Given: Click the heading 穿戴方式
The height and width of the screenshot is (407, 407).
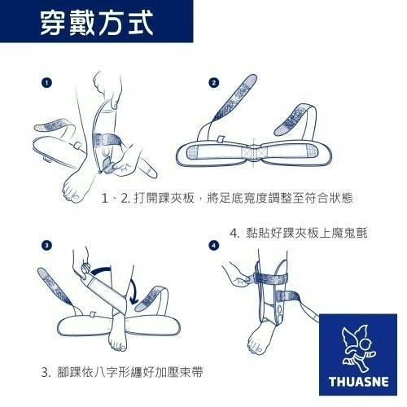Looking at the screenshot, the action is coord(97,24).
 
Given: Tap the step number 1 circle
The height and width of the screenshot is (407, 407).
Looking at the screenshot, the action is coord(46,83).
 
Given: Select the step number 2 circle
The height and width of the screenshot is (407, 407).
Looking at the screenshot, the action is coord(214,83).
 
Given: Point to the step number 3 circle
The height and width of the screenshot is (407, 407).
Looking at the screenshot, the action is coord(46,246).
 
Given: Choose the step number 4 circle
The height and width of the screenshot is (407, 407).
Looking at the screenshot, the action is coord(214,246).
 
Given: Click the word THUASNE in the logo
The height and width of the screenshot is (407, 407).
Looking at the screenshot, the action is coord(359,381).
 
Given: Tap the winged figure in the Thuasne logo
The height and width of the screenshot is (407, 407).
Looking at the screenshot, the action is coord(357,348).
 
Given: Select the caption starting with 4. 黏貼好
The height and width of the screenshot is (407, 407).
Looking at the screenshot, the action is coord(299,233).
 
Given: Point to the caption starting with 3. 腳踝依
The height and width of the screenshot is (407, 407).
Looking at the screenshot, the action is coord(122,372).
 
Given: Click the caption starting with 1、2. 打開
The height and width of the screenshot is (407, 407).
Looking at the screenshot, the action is coord(227,198).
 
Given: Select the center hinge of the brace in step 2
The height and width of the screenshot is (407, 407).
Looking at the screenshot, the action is coord(254,152).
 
